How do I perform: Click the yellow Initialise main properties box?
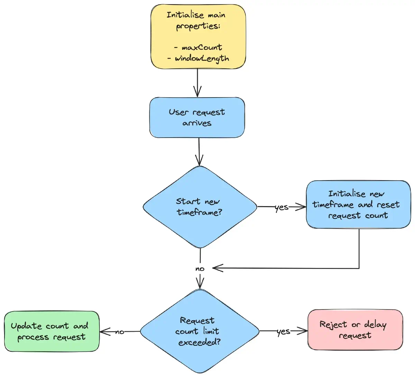(x=198, y=36)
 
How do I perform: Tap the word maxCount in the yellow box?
(x=202, y=47)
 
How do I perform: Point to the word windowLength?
(x=202, y=58)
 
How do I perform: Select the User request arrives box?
(x=197, y=118)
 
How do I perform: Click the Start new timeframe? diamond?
(x=200, y=207)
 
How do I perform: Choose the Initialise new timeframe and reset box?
(x=358, y=204)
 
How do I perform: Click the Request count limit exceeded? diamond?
(x=199, y=331)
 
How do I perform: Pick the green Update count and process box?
(x=52, y=331)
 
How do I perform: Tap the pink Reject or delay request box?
(x=355, y=330)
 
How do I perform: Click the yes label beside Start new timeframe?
(x=282, y=207)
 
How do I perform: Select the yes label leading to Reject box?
(x=283, y=331)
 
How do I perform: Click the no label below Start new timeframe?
(x=200, y=269)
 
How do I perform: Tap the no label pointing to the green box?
(x=120, y=332)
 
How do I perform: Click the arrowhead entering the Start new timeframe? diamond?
(x=199, y=161)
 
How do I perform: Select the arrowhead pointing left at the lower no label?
(x=216, y=268)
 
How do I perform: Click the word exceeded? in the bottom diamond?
(x=199, y=342)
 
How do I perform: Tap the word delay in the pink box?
(x=375, y=324)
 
